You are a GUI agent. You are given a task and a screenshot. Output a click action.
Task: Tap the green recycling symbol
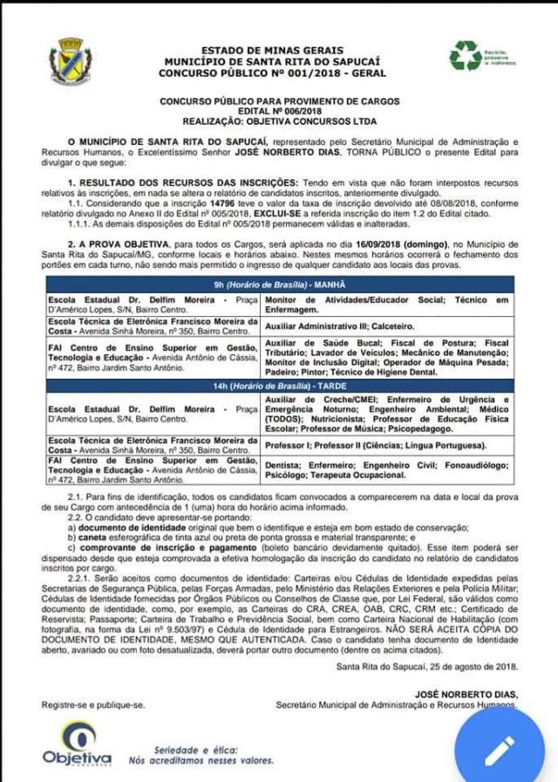(x=465, y=57)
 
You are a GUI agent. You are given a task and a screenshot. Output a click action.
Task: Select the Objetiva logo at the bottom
(x=77, y=744)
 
